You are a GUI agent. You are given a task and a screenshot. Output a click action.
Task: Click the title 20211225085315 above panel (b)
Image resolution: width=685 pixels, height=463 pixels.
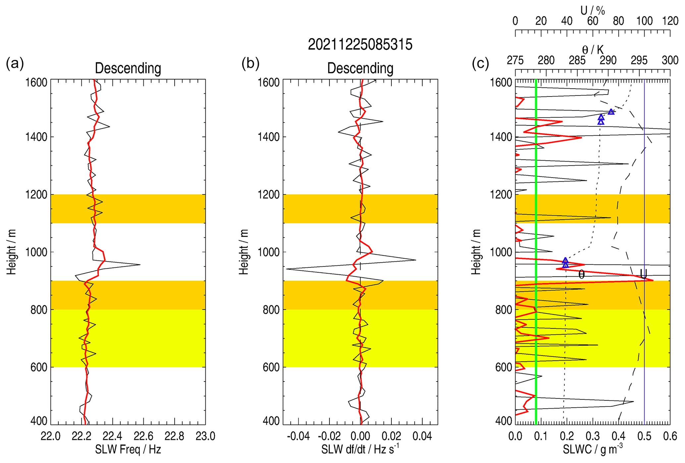[x=360, y=44]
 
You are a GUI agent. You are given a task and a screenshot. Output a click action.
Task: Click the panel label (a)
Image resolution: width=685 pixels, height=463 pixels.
[x=15, y=63]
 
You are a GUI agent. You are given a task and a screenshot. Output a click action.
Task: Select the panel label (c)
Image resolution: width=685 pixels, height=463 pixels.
[x=480, y=63]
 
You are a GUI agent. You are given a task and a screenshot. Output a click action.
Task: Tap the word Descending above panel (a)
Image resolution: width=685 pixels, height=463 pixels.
[x=128, y=68]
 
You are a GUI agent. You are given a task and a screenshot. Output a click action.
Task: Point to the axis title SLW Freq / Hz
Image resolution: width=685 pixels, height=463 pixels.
[x=128, y=449]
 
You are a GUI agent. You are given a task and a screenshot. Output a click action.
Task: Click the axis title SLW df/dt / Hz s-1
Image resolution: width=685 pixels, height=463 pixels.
[x=360, y=449]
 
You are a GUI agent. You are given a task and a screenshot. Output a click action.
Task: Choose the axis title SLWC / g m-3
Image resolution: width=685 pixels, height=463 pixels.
[x=593, y=449]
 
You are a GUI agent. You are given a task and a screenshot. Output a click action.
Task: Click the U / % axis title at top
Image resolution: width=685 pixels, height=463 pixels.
[x=593, y=11]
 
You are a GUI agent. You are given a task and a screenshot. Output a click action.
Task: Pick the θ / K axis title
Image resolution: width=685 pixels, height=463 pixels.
[x=593, y=50]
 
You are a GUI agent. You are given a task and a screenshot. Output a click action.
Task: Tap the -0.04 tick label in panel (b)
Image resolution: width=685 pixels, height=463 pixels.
[x=298, y=436]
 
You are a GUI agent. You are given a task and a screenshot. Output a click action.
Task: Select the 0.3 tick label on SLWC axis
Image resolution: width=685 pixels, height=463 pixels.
[x=593, y=436]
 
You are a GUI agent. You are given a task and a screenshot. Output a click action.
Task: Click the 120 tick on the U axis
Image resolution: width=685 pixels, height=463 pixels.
[x=670, y=21]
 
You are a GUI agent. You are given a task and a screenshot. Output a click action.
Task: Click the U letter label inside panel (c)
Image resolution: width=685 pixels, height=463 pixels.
[x=643, y=274]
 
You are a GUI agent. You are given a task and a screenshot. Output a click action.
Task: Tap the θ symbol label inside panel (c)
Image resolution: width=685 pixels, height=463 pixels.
[x=582, y=274]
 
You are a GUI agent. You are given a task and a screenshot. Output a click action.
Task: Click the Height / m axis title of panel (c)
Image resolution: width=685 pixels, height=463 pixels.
[x=476, y=252]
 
